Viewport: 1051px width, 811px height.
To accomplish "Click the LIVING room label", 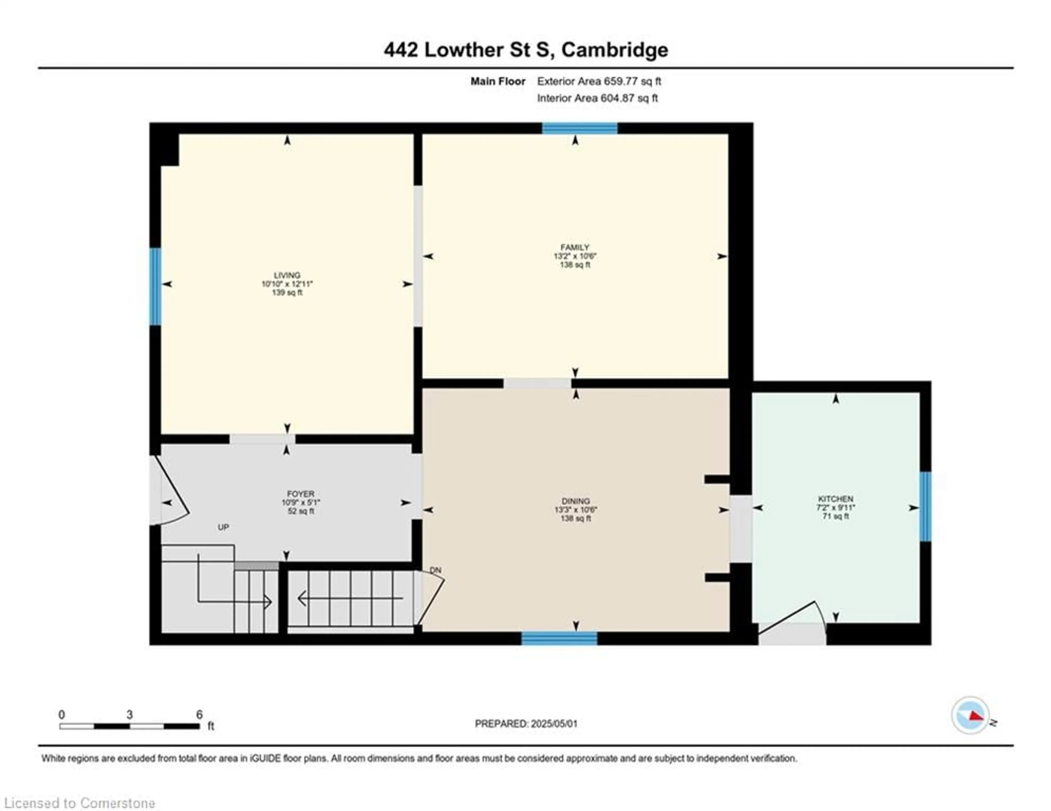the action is click(x=287, y=275).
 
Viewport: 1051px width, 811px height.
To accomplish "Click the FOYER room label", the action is click(x=301, y=494).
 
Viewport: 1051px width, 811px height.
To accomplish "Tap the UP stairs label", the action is click(x=223, y=527).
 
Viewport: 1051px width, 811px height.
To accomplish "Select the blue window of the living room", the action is click(x=155, y=287).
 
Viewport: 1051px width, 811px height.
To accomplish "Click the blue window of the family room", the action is click(x=580, y=128).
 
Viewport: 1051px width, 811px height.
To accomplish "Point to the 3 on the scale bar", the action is click(x=129, y=715).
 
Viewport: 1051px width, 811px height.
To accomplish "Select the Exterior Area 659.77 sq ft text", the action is click(x=599, y=81).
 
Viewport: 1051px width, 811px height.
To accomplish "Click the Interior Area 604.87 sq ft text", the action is click(x=597, y=98).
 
